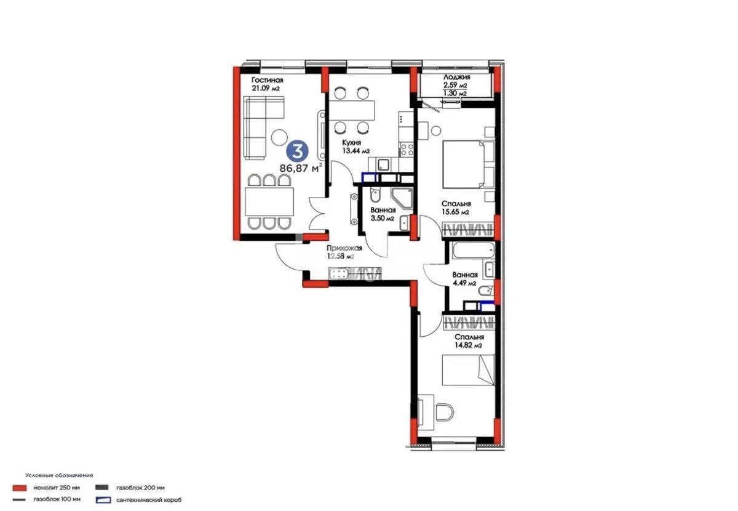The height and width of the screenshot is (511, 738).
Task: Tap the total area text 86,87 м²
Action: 301,167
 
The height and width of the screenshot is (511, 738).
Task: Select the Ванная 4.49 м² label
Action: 464,279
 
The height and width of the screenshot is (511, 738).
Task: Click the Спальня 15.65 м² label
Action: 456,207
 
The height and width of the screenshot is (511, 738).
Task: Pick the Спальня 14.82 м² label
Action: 469,341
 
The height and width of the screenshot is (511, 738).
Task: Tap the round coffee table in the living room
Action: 280,137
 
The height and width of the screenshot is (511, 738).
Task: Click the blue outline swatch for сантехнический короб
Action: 103,499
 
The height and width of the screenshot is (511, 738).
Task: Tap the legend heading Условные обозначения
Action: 59,475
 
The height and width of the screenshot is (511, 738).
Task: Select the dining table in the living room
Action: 269,201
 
